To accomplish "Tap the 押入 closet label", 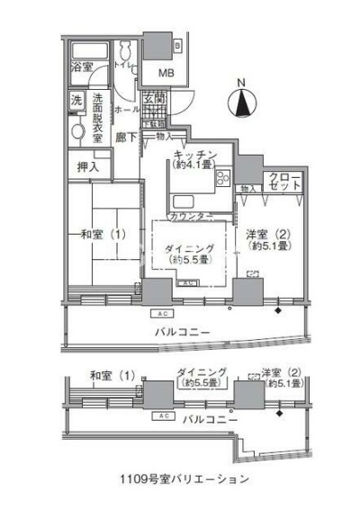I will pos(88,166).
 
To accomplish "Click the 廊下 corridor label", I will pos(126,138).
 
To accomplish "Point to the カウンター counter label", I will pos(190,217).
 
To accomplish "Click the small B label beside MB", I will pos(176,44).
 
